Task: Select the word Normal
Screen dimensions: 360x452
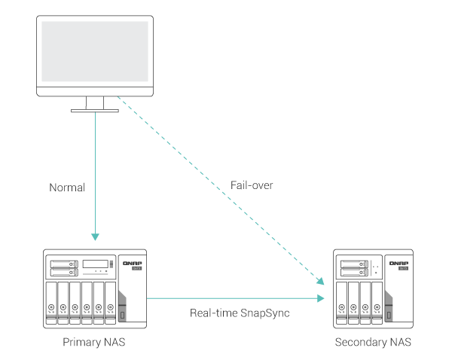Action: click(67, 186)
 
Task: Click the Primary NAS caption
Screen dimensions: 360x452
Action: click(94, 343)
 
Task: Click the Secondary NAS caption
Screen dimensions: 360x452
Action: click(373, 343)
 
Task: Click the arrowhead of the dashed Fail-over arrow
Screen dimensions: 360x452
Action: click(322, 282)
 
